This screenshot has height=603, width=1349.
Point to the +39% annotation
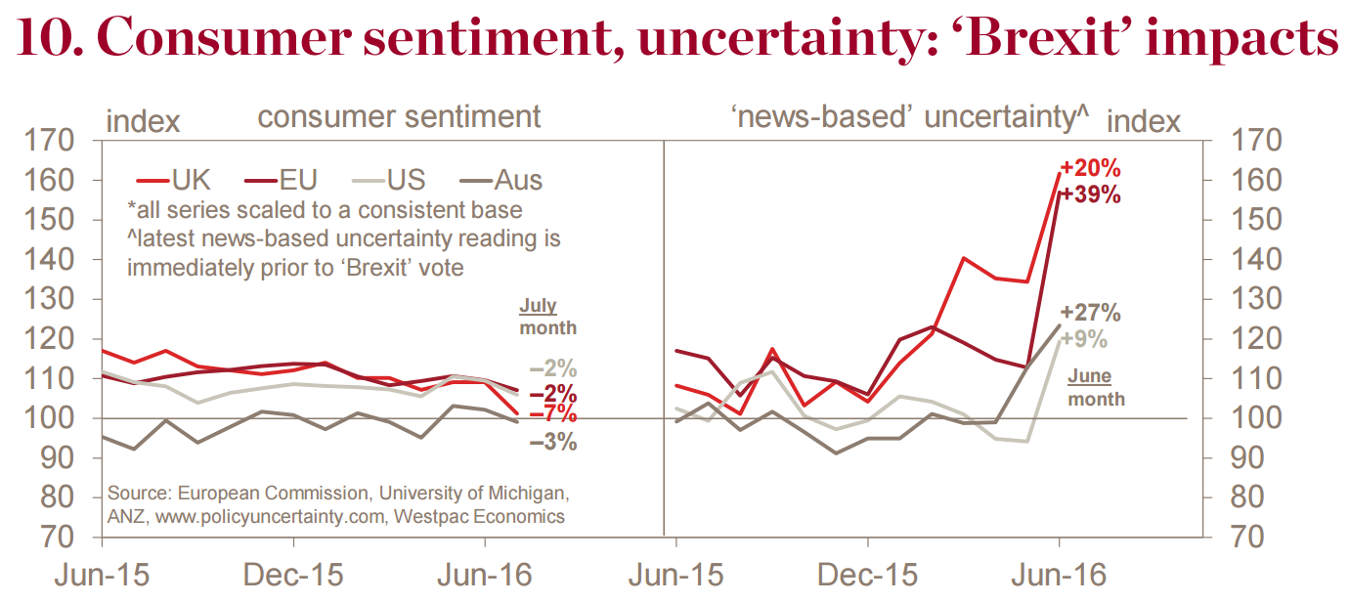(x=1091, y=194)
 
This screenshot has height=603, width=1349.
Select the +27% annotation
(x=1091, y=314)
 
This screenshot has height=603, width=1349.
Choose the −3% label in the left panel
(x=552, y=443)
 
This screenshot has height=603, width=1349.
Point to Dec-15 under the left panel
(x=293, y=575)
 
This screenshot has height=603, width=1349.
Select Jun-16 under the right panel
(x=1059, y=575)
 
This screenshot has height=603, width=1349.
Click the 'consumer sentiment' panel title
(x=399, y=117)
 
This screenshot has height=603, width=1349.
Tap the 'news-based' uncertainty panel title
(x=909, y=117)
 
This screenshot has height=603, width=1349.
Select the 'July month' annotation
(x=546, y=317)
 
